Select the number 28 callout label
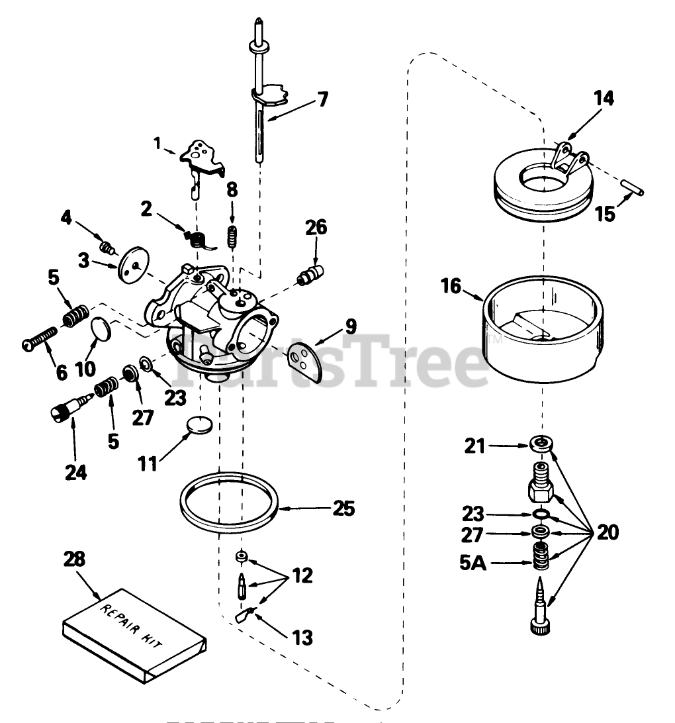[x=74, y=559]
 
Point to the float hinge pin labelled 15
[x=635, y=189]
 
